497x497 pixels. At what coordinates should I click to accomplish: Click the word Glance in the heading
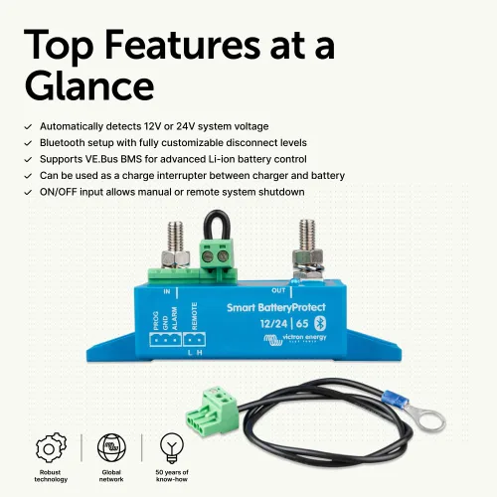coord(89,85)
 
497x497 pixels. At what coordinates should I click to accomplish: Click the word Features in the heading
coord(183,45)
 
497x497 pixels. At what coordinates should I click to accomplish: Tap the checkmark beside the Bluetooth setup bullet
coord(28,143)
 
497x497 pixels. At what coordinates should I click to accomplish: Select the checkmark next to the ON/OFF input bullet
coord(28,193)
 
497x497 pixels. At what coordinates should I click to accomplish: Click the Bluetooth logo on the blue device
coord(320,323)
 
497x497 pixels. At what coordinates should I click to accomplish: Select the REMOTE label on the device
coord(195,316)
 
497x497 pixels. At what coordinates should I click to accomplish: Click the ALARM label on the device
coord(175,318)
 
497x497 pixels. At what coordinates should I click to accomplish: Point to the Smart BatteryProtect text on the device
coord(276,308)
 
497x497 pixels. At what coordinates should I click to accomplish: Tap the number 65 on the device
coord(302,323)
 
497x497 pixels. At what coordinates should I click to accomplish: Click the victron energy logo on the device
coord(295,339)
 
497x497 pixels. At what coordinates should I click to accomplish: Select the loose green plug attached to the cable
coord(212,409)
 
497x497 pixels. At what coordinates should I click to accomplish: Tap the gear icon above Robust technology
coord(51,447)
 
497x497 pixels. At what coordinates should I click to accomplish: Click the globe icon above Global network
coord(111,447)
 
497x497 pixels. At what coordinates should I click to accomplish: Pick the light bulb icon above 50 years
coord(172,448)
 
